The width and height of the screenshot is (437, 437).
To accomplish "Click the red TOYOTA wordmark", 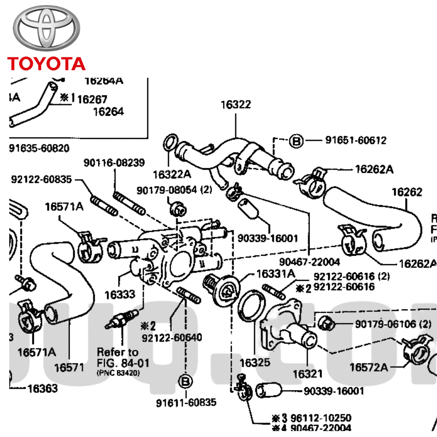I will point(46,64).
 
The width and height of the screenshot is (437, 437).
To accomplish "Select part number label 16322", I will point(235,104).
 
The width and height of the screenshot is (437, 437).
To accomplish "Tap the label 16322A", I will point(172,174).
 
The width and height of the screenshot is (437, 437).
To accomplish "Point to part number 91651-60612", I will point(356,140).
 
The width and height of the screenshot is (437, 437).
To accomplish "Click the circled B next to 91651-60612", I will point(297,141).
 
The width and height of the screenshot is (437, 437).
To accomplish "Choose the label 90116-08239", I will point(114,163).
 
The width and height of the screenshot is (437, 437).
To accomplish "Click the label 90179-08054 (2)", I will point(174,190).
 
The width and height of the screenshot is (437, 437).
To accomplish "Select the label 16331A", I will point(276,274).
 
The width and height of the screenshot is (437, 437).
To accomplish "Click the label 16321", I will point(308,373).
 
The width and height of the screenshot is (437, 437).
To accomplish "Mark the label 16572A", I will point(369,367).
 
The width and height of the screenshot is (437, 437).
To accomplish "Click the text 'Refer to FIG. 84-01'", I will point(118,356).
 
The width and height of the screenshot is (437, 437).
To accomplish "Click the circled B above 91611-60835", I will point(185,381).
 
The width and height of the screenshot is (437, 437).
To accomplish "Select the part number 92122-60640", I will point(172,337).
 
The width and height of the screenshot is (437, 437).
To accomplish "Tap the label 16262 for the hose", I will point(407,192).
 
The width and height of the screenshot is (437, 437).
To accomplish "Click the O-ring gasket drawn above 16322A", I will point(170,143).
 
